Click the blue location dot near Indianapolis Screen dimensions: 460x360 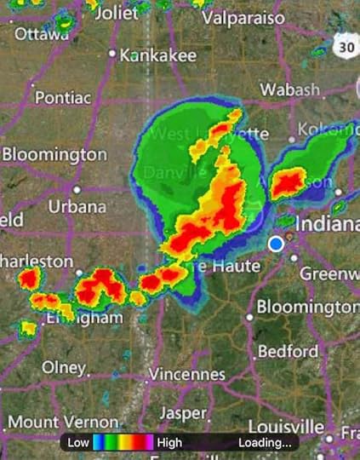(x=275, y=244)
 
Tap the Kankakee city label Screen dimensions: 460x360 (x=158, y=55)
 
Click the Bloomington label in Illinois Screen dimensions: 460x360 (x=54, y=154)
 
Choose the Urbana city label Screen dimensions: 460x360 (x=77, y=206)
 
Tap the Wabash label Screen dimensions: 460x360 (x=289, y=89)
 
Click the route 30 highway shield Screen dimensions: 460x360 (x=344, y=48)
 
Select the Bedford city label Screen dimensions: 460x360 (x=288, y=351)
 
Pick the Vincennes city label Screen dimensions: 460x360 (x=187, y=374)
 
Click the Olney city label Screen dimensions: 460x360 (x=64, y=367)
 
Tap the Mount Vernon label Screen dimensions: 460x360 (x=63, y=421)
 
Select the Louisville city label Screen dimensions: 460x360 (x=286, y=426)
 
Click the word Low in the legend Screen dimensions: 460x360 (x=78, y=443)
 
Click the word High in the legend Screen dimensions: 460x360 (x=169, y=443)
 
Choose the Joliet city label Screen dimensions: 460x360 (x=116, y=13)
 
